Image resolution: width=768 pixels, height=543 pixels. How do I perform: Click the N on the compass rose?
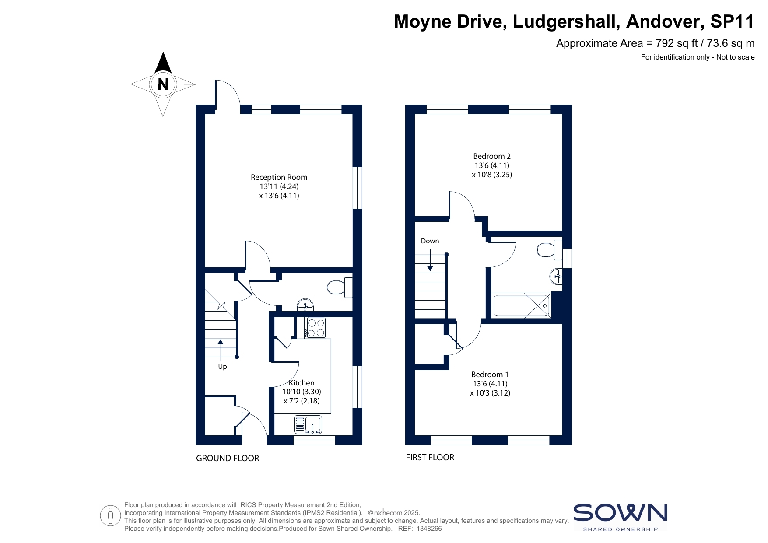[x=163, y=84]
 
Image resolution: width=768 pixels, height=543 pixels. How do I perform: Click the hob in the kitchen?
[x=316, y=328]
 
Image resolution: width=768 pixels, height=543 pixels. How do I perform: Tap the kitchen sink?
[x=308, y=424]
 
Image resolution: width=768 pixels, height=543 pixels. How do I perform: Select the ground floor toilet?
[x=340, y=287]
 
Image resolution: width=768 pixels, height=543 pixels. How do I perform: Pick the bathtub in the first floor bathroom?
[x=521, y=305]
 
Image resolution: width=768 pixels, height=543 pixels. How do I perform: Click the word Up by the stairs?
[x=222, y=367]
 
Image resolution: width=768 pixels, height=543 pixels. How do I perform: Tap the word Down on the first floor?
[x=430, y=241]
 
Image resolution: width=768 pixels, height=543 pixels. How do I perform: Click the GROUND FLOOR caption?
[x=228, y=458]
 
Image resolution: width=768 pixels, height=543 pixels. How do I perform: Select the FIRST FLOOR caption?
[x=430, y=457]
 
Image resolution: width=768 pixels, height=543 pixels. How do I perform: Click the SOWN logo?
[x=621, y=517]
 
